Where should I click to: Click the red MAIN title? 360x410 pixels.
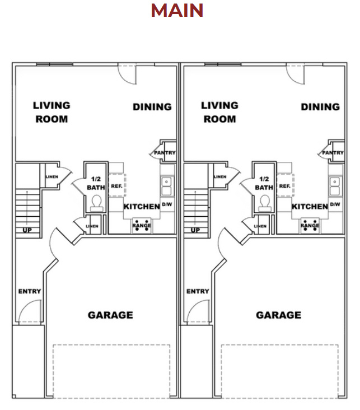tap(177, 11)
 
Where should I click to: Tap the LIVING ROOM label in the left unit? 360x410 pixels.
tap(52, 112)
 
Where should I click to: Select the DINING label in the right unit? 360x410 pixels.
tap(320, 107)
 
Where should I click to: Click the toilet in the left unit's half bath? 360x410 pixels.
tap(96, 202)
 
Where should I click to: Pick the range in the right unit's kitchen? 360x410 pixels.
tap(310, 225)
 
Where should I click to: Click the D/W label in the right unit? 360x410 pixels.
tap(335, 204)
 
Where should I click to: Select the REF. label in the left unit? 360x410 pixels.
tap(116, 186)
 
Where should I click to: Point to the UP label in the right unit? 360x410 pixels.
tap(195, 230)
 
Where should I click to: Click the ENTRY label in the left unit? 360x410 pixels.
tap(30, 291)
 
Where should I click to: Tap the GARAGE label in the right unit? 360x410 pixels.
tap(278, 315)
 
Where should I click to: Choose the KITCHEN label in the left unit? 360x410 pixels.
tap(142, 207)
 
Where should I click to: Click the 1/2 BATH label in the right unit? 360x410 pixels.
tap(264, 183)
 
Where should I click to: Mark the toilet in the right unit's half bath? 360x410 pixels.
tap(264, 202)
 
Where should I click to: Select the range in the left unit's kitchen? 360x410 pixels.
tap(142, 225)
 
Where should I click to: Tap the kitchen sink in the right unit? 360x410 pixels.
tap(335, 182)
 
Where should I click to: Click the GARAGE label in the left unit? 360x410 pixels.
tap(110, 315)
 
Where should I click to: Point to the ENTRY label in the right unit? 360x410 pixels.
tap(198, 291)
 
